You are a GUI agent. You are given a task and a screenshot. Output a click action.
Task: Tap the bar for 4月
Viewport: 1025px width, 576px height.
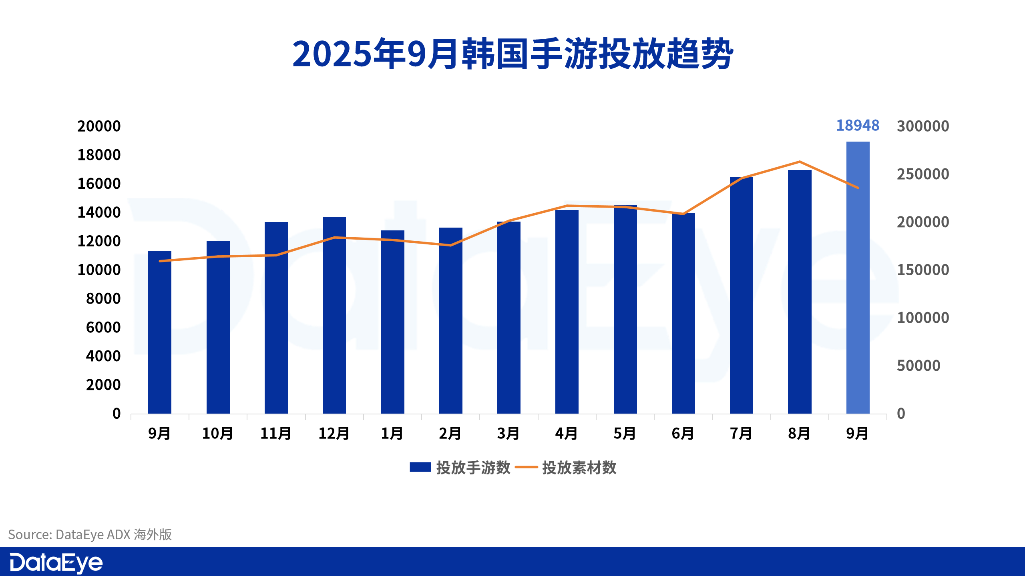(x=567, y=312)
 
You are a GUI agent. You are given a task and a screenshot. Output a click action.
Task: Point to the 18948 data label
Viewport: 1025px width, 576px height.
(x=858, y=126)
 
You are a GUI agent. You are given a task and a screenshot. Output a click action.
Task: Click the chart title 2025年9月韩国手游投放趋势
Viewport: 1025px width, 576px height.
(x=512, y=54)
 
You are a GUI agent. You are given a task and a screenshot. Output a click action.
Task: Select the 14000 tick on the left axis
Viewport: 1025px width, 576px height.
(x=99, y=212)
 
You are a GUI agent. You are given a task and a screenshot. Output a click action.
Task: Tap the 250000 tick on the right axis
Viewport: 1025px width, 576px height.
(x=923, y=174)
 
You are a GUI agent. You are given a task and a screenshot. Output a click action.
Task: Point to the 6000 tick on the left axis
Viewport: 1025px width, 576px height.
(x=103, y=328)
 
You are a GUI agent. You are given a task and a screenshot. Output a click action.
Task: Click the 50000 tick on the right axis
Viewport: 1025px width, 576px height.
(x=918, y=366)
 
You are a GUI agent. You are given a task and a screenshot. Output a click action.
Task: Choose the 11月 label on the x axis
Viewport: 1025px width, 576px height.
(x=276, y=434)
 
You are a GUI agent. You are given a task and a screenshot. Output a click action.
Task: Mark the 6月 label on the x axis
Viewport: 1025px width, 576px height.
(x=683, y=434)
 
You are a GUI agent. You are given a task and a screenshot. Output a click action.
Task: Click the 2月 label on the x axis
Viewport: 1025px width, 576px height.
(x=450, y=434)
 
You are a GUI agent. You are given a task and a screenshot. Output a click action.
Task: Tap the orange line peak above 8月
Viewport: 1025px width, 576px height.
(x=800, y=162)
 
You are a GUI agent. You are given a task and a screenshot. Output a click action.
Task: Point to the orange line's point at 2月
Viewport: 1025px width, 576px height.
(x=451, y=245)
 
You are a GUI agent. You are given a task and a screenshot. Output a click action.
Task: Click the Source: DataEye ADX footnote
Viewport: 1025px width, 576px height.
(x=90, y=534)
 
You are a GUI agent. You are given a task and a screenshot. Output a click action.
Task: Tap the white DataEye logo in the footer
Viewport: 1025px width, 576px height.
(x=56, y=563)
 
